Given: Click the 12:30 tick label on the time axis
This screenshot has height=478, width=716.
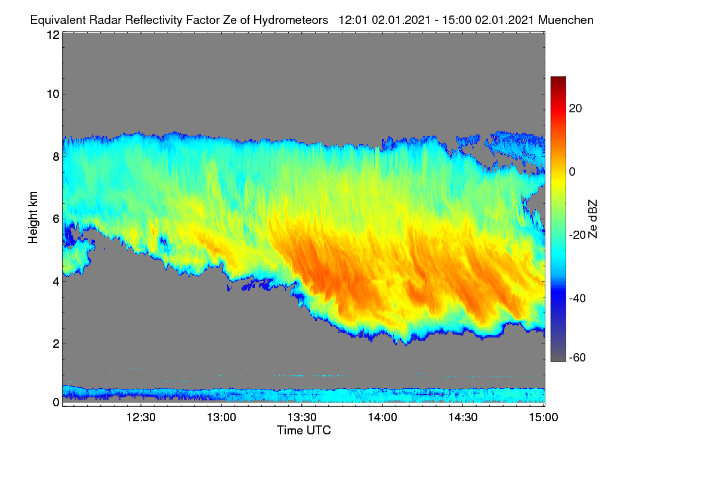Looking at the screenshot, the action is point(141,418).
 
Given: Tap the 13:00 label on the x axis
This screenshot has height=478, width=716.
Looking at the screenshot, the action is point(221,418).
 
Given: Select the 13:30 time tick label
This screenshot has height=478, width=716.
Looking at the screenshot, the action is point(302,418).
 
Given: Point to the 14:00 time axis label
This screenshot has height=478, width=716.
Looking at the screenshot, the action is point(382,418).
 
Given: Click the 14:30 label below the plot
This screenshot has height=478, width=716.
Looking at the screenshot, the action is point(463,418).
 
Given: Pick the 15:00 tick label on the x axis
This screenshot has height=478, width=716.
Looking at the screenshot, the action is point(544,418).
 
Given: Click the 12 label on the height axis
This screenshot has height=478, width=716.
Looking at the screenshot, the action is point(53,35).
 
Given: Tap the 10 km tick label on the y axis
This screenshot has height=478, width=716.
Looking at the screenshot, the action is point(53,94).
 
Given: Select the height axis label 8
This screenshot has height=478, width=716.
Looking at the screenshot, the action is point(56,157).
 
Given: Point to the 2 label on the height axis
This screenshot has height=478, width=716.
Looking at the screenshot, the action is point(56,344).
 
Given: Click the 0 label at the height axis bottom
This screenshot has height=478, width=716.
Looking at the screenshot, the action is point(56,403).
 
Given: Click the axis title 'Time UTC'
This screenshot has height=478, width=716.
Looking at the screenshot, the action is point(304,430).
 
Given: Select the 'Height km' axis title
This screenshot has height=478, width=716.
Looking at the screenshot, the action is point(33,217).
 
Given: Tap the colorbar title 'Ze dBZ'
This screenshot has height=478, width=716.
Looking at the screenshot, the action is point(592,219).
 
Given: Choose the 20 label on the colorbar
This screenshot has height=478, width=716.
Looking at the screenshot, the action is point(575,109).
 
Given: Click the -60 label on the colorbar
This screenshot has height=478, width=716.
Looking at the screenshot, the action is point(578,357).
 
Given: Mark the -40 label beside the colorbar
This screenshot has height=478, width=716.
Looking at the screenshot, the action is point(578,298).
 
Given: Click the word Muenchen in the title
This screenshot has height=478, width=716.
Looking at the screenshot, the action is point(566,20).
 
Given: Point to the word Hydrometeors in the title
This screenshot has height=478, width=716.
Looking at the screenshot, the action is point(291,20).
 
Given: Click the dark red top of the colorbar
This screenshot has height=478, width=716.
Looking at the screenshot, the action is point(558,79).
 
